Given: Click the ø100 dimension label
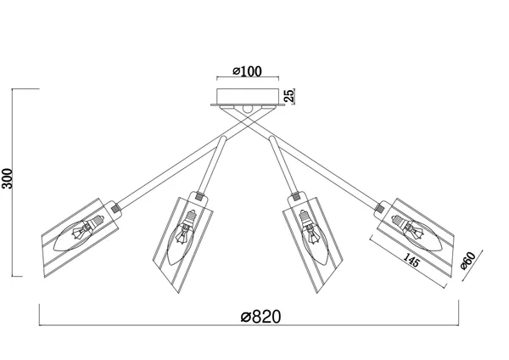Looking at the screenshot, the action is [x=247, y=71].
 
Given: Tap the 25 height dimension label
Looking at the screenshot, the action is [x=289, y=96].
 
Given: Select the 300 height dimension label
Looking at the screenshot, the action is [x=7, y=178].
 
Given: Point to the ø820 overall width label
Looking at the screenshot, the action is [x=260, y=317].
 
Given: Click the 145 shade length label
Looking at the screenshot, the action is [x=411, y=259].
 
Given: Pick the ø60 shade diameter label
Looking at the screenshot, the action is [x=467, y=261].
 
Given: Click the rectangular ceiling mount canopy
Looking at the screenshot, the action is [x=248, y=96].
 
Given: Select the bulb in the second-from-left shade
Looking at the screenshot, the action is [x=182, y=237].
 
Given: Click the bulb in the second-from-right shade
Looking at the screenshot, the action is [x=314, y=237].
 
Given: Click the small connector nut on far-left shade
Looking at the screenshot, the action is [x=115, y=208].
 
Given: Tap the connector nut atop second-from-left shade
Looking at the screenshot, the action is [x=199, y=196].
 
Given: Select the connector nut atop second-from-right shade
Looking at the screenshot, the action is [x=296, y=196].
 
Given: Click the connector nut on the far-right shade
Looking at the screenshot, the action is [x=379, y=208].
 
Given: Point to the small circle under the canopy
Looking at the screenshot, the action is [x=248, y=109].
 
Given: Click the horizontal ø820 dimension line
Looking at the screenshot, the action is [x=249, y=325].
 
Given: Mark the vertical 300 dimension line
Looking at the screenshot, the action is [x=13, y=183].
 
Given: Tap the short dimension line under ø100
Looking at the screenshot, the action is [x=248, y=77].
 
